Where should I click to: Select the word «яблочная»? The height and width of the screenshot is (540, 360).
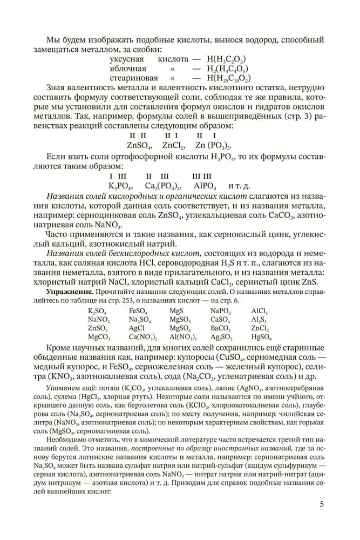[x=128, y=69]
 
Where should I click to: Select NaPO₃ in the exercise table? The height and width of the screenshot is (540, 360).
[x=221, y=311]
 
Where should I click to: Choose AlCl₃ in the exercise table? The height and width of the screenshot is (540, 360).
[x=259, y=311]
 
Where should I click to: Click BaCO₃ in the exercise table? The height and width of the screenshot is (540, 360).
[x=221, y=328]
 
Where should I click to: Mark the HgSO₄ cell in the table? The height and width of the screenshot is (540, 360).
[x=261, y=336]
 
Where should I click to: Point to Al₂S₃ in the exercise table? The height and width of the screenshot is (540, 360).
[x=259, y=320]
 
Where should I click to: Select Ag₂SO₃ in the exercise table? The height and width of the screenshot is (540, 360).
[x=221, y=336]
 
